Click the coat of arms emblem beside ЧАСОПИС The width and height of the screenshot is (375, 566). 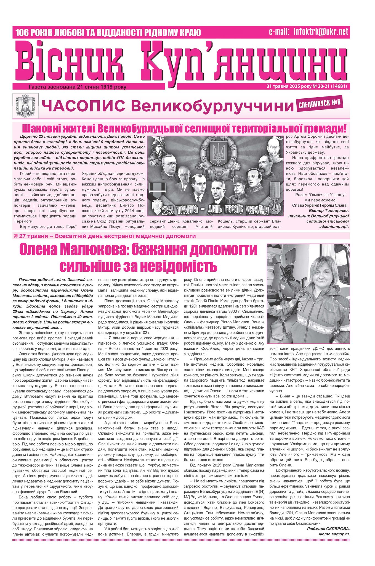[26, 106]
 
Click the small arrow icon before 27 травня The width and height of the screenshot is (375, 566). [15, 236]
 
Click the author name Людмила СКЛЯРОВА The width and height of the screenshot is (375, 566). [328, 528]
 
